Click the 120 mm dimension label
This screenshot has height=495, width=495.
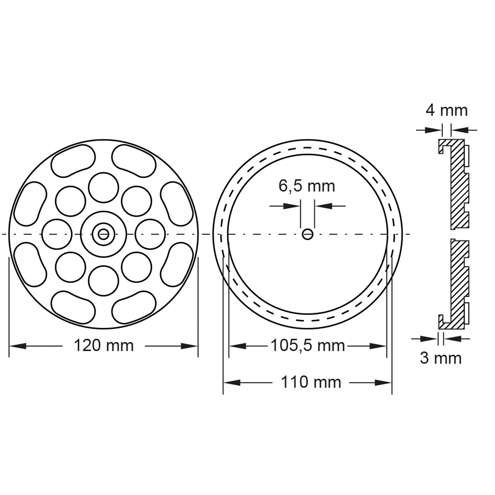[x=104, y=346]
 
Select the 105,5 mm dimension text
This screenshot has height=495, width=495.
[x=308, y=346]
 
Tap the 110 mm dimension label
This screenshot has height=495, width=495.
[x=311, y=382]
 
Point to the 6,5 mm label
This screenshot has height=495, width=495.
[x=307, y=186]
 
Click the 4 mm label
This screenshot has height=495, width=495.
[x=446, y=110]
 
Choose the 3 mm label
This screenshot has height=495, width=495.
[x=441, y=358]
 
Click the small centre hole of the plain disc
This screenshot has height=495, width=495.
[x=308, y=234]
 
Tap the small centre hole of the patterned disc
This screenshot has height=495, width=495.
[x=103, y=234]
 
